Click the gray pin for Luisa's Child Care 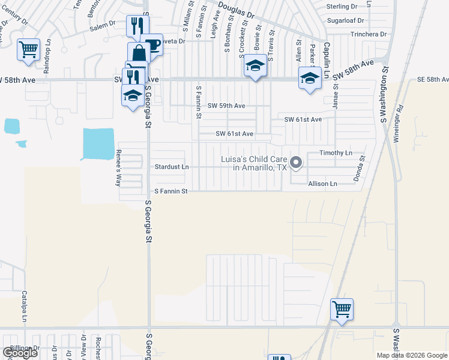click(x=295, y=162)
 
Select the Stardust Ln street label click(x=172, y=166)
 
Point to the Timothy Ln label click(x=336, y=153)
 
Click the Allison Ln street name click(x=325, y=183)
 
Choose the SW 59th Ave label click(x=226, y=106)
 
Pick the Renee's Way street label click(x=118, y=168)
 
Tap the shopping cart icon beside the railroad click(x=342, y=310)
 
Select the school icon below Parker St click(x=310, y=78)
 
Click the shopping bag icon click(x=139, y=53)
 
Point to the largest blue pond click(x=98, y=144)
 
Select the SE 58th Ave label click(x=433, y=80)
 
